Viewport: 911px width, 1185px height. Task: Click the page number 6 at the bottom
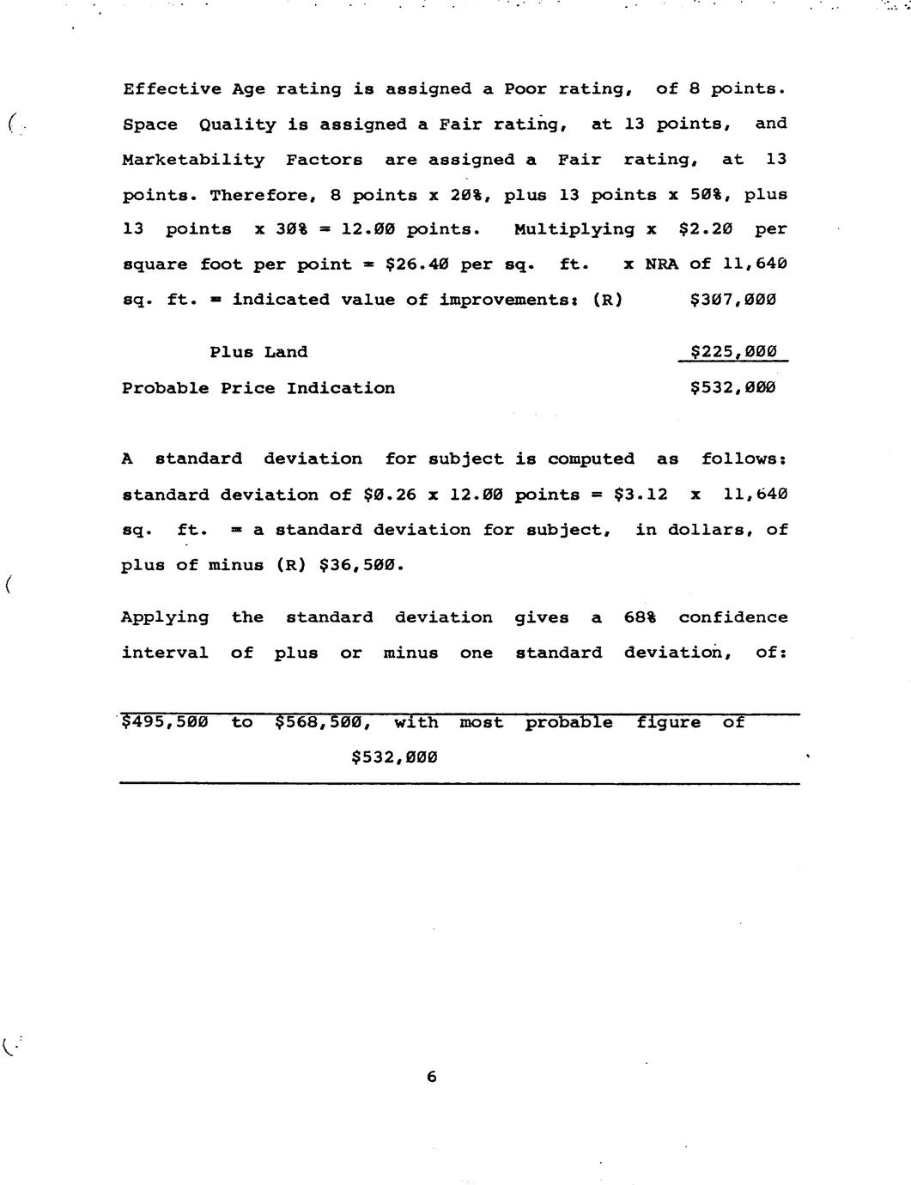tap(431, 1076)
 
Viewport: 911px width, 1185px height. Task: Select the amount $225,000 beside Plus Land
tap(733, 352)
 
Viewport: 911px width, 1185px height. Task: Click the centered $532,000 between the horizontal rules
tap(395, 757)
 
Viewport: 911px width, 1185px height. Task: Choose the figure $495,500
tap(165, 723)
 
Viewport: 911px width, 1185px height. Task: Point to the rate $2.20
tap(705, 229)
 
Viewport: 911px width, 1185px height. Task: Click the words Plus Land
tap(258, 352)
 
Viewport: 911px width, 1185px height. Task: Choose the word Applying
tap(165, 617)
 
